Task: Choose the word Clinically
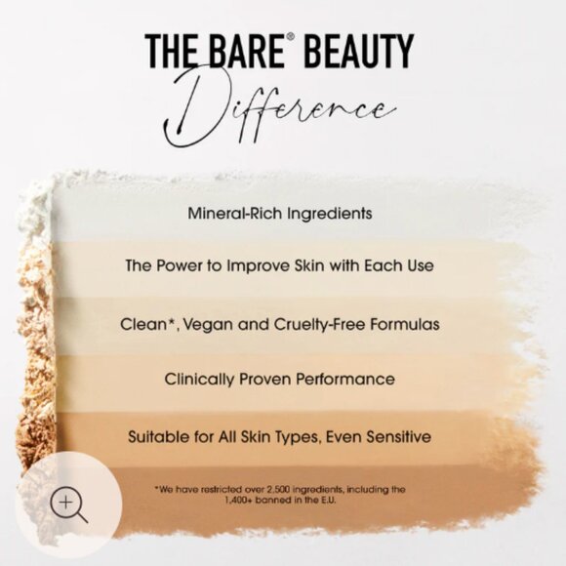(201, 379)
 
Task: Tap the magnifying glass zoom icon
(67, 505)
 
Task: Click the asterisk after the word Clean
(175, 318)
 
